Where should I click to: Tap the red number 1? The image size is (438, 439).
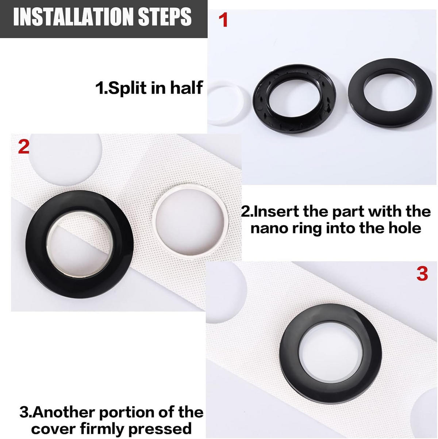pyautogui.click(x=223, y=20)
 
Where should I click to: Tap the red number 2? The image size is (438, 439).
pyautogui.click(x=24, y=146)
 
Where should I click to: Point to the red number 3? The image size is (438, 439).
pyautogui.click(x=422, y=274)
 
